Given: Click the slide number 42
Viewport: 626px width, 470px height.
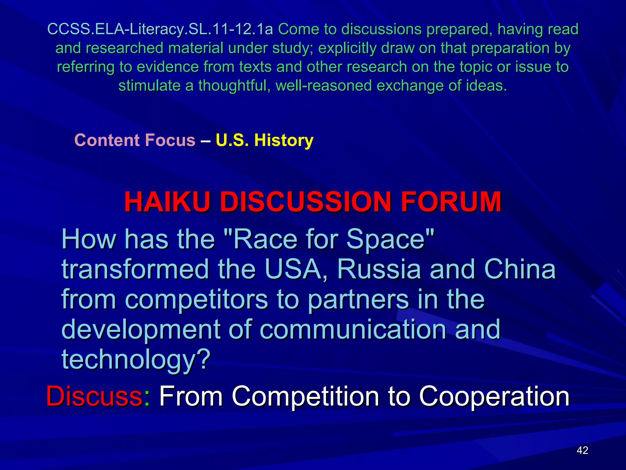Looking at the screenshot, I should (582, 450).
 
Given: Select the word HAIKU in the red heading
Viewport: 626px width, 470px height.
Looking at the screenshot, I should (167, 202).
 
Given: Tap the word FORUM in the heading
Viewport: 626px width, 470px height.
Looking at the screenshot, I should (451, 202).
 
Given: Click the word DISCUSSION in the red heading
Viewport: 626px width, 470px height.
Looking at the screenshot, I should (306, 202).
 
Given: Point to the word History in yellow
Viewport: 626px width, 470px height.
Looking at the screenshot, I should (284, 140).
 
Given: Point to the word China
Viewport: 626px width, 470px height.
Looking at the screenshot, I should (520, 269).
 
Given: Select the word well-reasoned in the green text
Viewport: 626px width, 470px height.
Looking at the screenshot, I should (323, 86).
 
